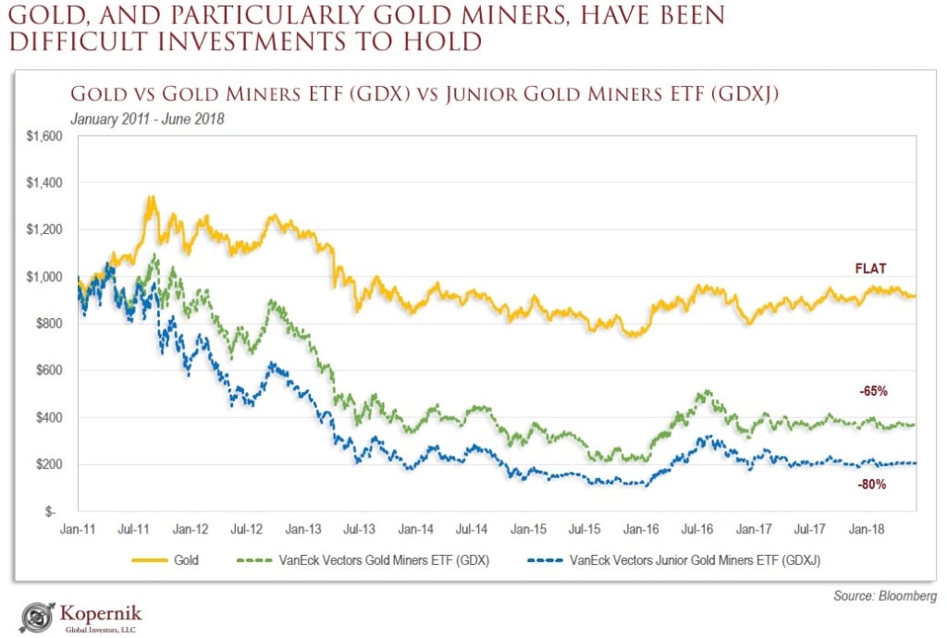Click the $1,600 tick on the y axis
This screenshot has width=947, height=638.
(44, 136)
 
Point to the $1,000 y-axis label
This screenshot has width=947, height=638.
(44, 276)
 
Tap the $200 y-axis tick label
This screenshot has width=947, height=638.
(48, 464)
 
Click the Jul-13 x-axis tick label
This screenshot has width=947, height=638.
(359, 530)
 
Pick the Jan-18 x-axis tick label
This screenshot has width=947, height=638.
(865, 530)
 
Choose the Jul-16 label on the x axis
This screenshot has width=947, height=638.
(696, 530)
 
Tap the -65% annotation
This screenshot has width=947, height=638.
(872, 391)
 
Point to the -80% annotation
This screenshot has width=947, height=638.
(872, 484)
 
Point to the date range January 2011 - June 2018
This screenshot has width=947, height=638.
(147, 118)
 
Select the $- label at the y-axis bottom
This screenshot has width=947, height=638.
(54, 511)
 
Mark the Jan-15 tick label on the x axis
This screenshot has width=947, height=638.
(528, 530)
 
